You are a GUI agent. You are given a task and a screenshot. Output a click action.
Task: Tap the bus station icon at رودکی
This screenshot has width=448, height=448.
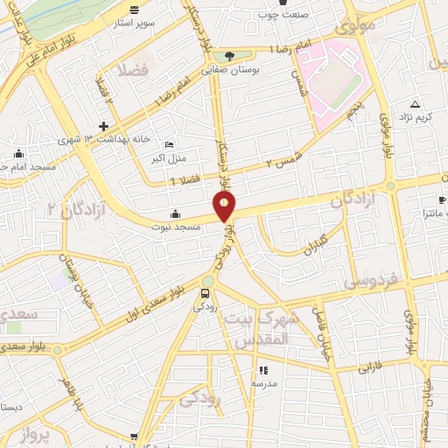[x=206, y=293]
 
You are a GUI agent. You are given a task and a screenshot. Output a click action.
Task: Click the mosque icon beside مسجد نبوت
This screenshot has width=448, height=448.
[x=175, y=213]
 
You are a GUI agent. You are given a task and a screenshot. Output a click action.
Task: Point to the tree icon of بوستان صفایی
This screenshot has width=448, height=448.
[x=217, y=53]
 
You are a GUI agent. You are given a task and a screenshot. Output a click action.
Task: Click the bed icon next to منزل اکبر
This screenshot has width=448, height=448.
[x=169, y=144]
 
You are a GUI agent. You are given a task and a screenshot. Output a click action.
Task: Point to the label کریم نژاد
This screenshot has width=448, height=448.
[x=415, y=116]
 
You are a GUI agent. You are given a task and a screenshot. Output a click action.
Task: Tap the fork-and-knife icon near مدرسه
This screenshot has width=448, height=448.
[x=263, y=370]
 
